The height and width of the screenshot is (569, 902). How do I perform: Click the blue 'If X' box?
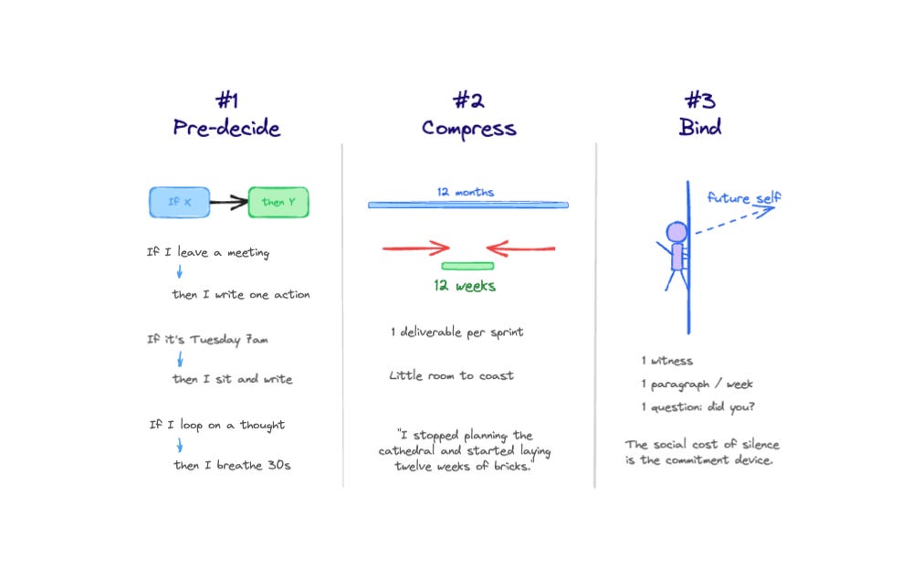(180, 202)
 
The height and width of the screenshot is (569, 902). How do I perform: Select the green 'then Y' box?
(278, 202)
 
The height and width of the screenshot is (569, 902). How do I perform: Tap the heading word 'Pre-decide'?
(226, 128)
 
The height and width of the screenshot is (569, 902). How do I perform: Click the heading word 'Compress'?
(468, 128)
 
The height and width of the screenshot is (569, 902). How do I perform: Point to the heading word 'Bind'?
(699, 128)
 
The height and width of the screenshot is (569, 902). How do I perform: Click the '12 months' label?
(466, 193)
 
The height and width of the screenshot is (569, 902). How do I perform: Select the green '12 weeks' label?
(465, 286)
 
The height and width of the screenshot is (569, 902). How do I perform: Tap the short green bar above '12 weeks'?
(467, 266)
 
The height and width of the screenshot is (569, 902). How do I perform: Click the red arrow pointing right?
(416, 248)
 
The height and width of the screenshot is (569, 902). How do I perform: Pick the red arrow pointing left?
(520, 248)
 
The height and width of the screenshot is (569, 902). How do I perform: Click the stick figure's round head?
(676, 232)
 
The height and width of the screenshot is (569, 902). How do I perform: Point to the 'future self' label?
(744, 198)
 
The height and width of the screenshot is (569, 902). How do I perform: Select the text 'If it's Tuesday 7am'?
(208, 340)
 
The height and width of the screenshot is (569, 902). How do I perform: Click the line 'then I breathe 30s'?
(233, 465)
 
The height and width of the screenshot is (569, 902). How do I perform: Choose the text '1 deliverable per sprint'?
(457, 332)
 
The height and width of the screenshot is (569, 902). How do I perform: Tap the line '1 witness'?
(667, 361)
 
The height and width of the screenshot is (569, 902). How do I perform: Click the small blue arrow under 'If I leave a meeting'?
(180, 272)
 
